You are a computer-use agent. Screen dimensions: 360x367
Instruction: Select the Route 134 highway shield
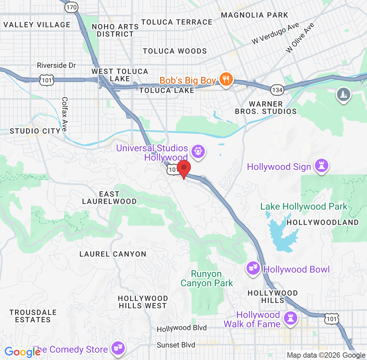click(277, 89)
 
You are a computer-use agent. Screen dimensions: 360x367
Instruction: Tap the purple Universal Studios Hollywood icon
click(199, 152)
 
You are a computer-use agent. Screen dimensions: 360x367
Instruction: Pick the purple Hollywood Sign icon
click(322, 166)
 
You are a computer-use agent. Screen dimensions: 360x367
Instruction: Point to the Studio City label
click(35, 131)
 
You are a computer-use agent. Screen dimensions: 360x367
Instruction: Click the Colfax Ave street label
click(65, 114)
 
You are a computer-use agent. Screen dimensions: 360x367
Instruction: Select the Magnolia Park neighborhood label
click(255, 15)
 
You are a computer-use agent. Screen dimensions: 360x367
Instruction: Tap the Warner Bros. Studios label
click(266, 108)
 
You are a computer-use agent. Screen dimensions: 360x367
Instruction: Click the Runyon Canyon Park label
click(207, 279)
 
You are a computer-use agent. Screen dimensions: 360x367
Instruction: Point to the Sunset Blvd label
click(176, 345)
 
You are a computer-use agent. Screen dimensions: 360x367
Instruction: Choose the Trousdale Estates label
click(33, 316)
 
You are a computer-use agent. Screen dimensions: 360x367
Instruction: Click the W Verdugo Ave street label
click(276, 34)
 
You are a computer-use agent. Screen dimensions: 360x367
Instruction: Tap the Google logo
click(22, 352)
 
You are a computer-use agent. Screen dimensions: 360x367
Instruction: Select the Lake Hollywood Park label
click(304, 207)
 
